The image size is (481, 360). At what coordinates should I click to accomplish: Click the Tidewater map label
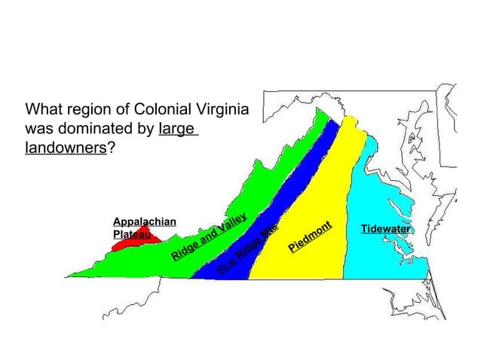(385, 228)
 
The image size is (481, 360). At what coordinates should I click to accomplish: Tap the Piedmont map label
(310, 236)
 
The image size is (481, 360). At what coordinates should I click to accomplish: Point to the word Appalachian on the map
(144, 221)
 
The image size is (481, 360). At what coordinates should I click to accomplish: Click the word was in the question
(39, 128)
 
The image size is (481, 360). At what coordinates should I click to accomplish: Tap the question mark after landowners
(112, 148)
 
